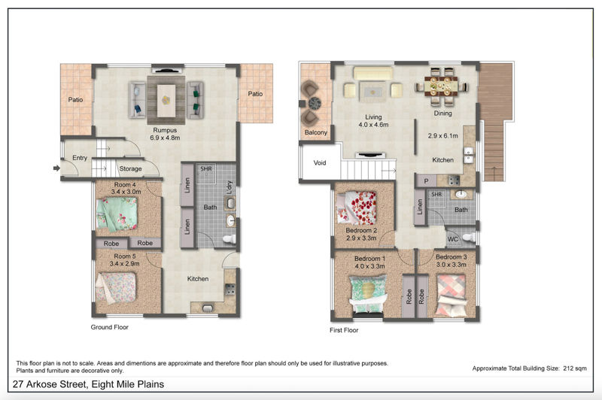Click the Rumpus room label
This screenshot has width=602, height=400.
[165, 130]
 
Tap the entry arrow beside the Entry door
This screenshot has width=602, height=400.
[56, 168]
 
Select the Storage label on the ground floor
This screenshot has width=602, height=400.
[130, 168]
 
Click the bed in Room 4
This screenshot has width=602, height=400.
[117, 214]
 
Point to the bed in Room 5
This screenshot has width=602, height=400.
[116, 288]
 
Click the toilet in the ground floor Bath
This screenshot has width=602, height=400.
[230, 239]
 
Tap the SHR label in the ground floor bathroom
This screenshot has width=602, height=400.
[206, 168]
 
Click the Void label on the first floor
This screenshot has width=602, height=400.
[319, 162]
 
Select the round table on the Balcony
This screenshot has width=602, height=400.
[315, 103]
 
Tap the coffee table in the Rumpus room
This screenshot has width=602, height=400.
[166, 101]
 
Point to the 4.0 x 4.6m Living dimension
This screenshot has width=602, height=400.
[373, 125]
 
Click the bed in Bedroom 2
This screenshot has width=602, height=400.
[357, 208]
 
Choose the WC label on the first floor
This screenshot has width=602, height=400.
[453, 239]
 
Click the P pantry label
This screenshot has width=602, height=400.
[426, 181]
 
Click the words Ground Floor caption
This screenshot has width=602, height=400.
[109, 327]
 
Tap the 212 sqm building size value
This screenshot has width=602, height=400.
[575, 368]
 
